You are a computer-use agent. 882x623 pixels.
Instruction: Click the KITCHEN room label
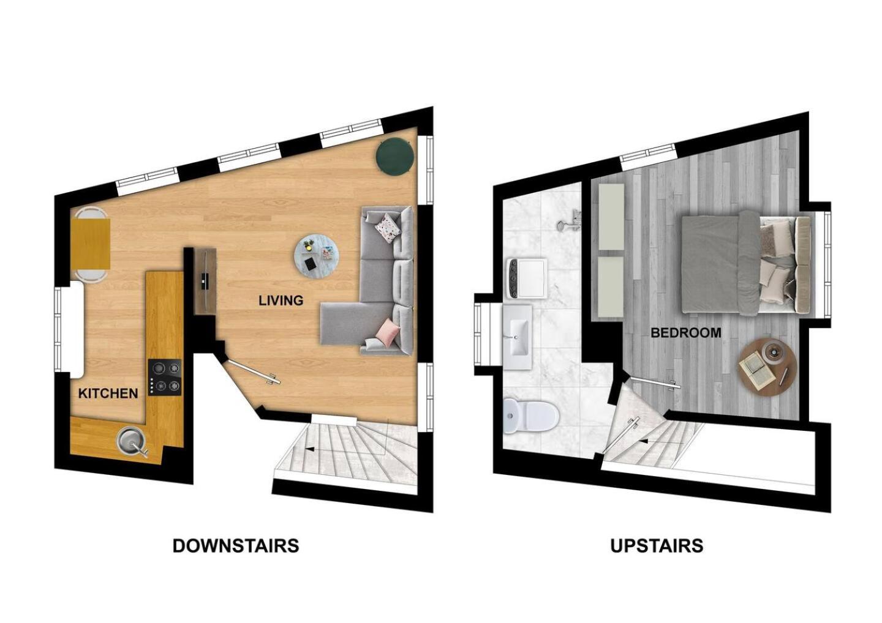(x=108, y=394)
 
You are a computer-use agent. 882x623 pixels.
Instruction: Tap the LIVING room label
(x=281, y=300)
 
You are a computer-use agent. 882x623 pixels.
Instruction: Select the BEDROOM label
(x=686, y=333)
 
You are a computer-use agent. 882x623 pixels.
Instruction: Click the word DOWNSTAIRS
(x=236, y=546)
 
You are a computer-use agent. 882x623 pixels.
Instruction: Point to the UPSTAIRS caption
(x=657, y=546)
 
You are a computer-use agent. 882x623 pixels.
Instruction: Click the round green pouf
(x=394, y=155)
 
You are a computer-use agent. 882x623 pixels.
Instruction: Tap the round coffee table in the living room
(x=317, y=256)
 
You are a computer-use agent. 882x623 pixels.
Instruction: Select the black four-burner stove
(x=165, y=377)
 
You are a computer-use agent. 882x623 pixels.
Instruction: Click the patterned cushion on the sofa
(x=388, y=228)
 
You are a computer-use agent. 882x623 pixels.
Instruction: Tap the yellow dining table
(x=90, y=244)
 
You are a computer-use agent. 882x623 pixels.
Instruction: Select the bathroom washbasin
(x=518, y=337)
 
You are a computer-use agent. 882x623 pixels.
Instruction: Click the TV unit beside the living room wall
(x=205, y=281)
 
